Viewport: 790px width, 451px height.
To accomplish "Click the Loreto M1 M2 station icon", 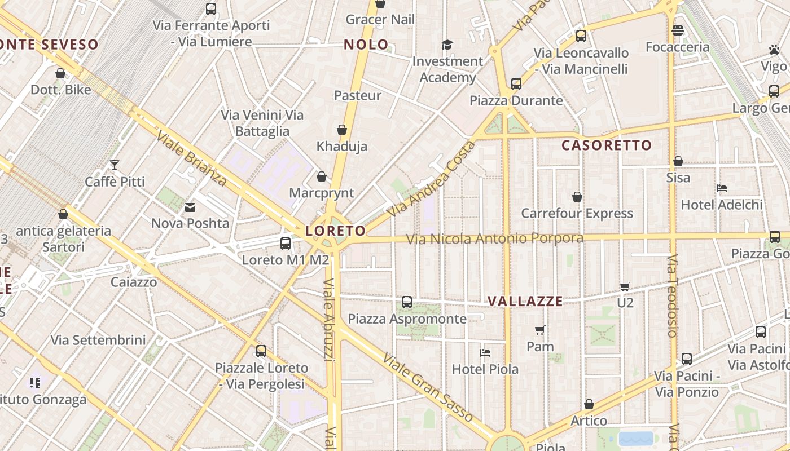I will pos(286,244).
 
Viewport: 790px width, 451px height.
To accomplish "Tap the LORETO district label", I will pos(336,231).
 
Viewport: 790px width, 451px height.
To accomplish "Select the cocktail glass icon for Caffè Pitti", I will pos(115,165).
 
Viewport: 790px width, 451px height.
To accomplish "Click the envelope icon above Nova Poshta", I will pos(190,207).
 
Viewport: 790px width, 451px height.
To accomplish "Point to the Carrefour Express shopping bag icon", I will pos(577,197).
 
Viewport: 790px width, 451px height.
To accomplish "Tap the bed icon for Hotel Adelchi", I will pos(721,188).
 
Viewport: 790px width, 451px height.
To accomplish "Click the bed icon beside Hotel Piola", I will pos(485,353).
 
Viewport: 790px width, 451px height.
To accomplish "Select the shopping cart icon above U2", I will pos(625,286).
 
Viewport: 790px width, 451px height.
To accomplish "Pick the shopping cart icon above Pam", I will pos(540,330).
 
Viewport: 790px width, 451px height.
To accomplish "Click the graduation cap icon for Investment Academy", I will pos(447,45).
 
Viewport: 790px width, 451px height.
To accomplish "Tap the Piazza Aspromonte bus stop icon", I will pos(407,302).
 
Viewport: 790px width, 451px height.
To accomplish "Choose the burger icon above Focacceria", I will pos(678,30).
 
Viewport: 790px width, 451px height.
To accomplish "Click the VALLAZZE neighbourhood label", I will pos(525,301).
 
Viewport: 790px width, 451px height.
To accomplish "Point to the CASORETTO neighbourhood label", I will pos(607,145).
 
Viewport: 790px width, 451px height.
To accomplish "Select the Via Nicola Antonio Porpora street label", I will pos(495,239).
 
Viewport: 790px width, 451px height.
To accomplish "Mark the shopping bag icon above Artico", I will pos(589,404).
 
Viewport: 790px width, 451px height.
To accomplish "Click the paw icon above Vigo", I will pos(774,50).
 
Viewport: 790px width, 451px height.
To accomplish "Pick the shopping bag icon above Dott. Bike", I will pos(60,73).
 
